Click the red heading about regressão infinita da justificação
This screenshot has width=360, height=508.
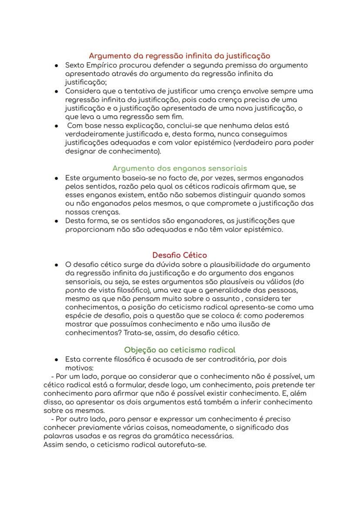point(179,56)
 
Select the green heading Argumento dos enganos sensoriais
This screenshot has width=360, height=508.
point(179,168)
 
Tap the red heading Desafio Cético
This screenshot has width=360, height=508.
point(179,255)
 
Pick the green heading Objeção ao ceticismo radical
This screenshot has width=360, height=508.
point(179,350)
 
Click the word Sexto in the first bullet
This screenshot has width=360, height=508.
point(75,65)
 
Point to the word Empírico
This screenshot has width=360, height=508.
point(104,65)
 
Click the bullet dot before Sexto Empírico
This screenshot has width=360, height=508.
point(57,66)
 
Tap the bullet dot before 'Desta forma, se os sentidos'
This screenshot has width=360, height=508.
point(57,221)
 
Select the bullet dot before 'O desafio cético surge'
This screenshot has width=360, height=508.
point(57,265)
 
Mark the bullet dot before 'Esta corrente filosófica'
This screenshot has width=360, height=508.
point(57,360)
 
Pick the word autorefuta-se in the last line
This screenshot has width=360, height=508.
point(182,445)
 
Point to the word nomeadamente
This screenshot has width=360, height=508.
point(198,428)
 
